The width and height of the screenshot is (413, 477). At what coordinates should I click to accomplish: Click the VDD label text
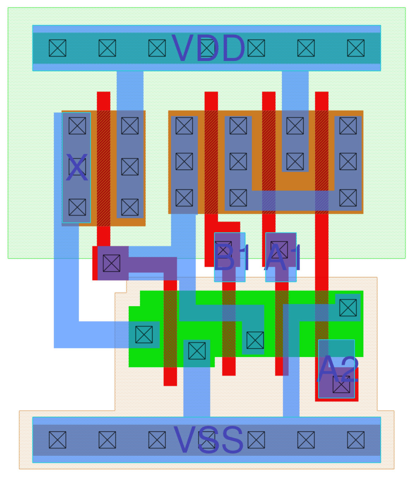click(208, 48)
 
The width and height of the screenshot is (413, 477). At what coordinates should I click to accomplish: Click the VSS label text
click(208, 440)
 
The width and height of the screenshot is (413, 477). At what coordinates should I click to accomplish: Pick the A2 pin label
click(338, 369)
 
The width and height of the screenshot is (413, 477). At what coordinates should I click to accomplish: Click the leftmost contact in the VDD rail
click(58, 48)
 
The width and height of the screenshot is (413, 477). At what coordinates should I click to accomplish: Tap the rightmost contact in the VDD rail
click(356, 48)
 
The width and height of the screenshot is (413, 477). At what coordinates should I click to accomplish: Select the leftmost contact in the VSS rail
click(58, 440)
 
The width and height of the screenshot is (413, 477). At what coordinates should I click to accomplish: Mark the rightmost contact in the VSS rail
click(356, 440)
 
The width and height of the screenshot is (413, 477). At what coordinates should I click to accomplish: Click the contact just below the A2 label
click(341, 384)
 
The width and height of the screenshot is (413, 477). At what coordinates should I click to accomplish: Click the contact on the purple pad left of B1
click(112, 263)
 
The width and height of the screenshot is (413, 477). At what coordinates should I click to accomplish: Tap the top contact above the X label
click(77, 126)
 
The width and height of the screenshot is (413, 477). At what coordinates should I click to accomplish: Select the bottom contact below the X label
click(77, 207)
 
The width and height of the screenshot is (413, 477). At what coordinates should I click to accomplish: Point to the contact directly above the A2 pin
click(348, 308)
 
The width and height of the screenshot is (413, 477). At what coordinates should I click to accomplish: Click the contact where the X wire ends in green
click(144, 335)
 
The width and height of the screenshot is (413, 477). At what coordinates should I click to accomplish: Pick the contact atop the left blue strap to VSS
click(197, 351)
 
